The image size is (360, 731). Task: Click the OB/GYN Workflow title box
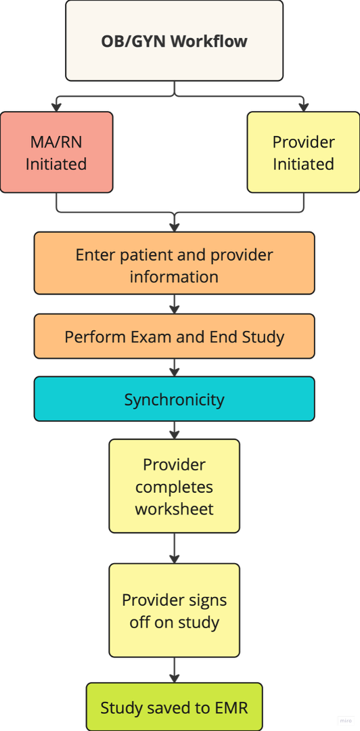(175, 41)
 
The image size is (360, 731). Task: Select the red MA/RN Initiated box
(56, 152)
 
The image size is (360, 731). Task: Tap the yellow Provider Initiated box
(304, 152)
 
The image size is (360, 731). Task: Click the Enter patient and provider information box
(175, 263)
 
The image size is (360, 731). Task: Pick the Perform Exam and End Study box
(175, 336)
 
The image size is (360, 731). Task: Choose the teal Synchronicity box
(175, 399)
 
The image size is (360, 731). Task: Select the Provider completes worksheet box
(175, 486)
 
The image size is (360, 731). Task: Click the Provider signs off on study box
(175, 611)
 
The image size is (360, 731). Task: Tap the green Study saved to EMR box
(175, 707)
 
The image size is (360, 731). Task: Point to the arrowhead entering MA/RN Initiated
(56, 107)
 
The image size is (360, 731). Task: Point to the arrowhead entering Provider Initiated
(304, 107)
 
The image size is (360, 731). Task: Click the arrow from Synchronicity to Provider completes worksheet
(175, 430)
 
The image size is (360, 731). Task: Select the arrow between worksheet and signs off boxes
(175, 548)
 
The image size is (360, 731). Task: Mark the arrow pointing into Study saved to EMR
(175, 670)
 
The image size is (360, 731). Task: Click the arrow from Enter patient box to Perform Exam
(175, 304)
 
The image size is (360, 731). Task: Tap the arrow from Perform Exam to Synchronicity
(175, 368)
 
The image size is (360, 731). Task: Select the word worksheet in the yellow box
(175, 508)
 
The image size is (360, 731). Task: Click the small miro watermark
(346, 720)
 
